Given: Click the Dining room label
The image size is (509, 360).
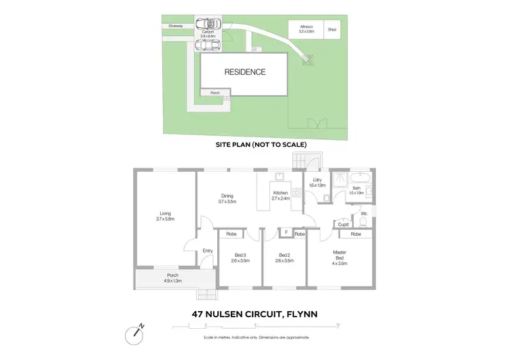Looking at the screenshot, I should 227,198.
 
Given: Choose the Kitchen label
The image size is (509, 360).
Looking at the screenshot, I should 281,196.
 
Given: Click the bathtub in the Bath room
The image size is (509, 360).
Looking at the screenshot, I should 358,181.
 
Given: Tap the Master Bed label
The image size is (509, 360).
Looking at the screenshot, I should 339,256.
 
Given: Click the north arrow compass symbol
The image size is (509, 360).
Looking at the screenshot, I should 135,334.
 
